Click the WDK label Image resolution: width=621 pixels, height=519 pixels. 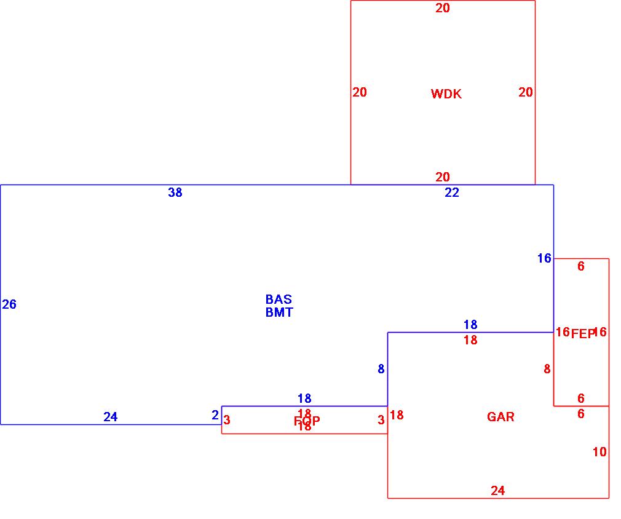(446, 94)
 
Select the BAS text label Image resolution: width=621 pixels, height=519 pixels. (279, 299)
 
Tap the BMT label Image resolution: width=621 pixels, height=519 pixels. (279, 312)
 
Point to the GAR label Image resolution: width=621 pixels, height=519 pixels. (500, 417)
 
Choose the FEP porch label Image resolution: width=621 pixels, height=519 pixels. (582, 334)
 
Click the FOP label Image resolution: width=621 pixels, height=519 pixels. (307, 421)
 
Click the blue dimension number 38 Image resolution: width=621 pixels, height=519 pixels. (175, 192)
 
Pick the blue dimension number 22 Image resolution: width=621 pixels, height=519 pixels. (452, 192)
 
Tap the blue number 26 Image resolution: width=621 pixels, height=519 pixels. (9, 304)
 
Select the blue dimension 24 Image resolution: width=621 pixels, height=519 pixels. (110, 417)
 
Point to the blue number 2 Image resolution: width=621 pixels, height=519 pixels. (215, 415)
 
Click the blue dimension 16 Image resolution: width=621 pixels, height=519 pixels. (544, 258)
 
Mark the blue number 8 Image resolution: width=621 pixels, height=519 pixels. (381, 369)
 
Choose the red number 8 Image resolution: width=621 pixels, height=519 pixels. (547, 369)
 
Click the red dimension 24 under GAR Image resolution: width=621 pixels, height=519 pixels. (498, 491)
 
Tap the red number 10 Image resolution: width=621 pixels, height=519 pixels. (599, 452)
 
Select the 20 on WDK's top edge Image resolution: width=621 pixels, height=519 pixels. (443, 8)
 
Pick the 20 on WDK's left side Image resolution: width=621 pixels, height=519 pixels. (360, 92)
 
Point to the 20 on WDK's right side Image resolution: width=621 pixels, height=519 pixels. (526, 92)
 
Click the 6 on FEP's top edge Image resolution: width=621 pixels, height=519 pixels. (581, 266)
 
